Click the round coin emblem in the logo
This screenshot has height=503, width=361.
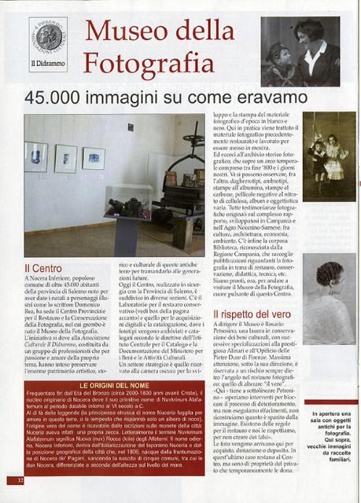47,35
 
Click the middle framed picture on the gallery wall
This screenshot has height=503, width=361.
66,157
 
